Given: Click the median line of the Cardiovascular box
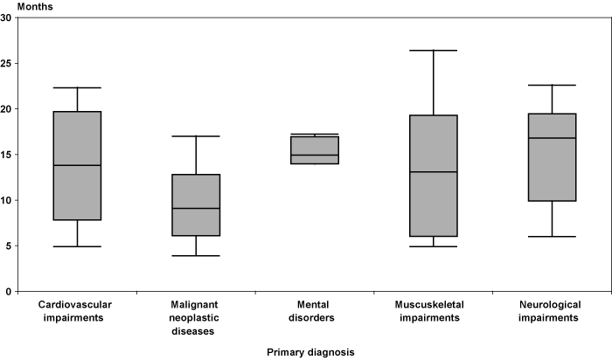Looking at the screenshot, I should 77,165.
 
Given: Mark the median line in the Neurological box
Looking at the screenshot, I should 552,138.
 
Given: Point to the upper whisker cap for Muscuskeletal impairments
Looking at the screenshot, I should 433,51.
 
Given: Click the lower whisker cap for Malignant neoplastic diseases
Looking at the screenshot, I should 196,255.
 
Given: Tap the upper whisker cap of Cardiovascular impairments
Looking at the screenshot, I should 77,87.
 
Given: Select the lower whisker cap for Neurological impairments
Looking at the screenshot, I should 552,237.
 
